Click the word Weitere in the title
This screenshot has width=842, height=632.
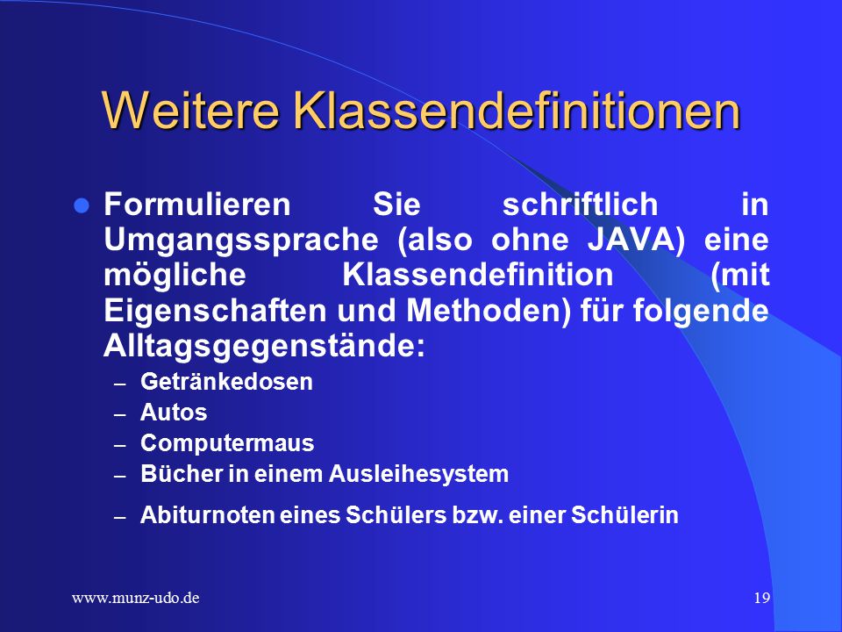[190, 111]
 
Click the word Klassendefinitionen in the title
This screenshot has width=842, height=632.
[517, 111]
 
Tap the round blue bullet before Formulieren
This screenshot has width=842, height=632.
[82, 205]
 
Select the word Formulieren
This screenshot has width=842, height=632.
[197, 205]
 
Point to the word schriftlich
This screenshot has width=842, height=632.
[580, 205]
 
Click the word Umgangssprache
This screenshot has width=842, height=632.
[241, 241]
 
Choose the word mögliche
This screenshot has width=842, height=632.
[175, 276]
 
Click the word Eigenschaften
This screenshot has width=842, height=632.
[215, 311]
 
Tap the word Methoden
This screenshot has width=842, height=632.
[483, 311]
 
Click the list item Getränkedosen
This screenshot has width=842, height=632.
[226, 382]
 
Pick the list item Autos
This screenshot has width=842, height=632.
[174, 413]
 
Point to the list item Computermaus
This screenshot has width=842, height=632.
[227, 443]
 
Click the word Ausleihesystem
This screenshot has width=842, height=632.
[418, 475]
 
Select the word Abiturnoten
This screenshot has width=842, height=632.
[208, 515]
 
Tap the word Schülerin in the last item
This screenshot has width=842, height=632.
[624, 515]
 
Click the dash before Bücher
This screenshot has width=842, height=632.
[120, 477]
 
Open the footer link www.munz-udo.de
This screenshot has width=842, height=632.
[136, 598]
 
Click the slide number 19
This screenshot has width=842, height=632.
[761, 598]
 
